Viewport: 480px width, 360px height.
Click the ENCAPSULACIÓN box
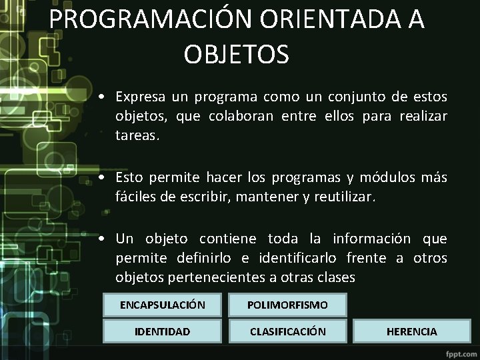162,305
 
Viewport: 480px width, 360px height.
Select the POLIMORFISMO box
287,305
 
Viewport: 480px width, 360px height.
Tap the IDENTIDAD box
162,331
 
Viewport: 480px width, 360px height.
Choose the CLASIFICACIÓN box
287,331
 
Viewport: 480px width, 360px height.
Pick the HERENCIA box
412,331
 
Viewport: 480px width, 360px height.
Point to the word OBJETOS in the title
237,54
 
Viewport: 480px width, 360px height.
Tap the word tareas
136,136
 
